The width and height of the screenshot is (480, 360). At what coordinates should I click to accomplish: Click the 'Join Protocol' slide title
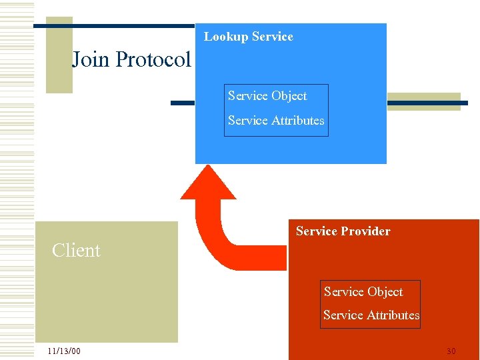click(x=131, y=59)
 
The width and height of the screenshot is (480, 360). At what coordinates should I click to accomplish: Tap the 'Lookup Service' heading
click(x=248, y=37)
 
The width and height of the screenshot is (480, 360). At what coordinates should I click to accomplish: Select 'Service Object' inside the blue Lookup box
click(x=267, y=96)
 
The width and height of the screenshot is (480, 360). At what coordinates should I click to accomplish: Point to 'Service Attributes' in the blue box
click(x=276, y=121)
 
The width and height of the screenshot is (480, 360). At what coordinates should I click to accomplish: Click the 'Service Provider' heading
click(x=343, y=231)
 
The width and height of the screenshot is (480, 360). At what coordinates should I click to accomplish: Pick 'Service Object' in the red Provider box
click(x=363, y=292)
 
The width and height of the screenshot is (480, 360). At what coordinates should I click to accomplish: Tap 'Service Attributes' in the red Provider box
click(x=371, y=315)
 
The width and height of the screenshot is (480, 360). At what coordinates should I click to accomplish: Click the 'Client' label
click(x=76, y=251)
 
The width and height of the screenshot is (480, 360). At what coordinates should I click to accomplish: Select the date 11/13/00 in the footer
click(x=64, y=351)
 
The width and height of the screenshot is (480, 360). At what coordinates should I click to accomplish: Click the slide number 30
click(x=451, y=351)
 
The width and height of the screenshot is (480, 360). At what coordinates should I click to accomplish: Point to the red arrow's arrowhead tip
click(x=208, y=168)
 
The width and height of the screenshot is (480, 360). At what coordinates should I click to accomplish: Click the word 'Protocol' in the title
click(x=153, y=59)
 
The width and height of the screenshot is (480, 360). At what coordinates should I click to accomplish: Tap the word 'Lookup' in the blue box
click(x=225, y=37)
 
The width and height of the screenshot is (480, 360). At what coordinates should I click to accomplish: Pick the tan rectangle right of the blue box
click(x=423, y=101)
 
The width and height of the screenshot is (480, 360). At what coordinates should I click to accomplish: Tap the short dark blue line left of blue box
click(x=182, y=103)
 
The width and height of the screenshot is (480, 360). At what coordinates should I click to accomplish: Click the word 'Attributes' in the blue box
click(x=297, y=121)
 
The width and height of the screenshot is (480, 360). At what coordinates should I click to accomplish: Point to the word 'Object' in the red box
click(x=384, y=292)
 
